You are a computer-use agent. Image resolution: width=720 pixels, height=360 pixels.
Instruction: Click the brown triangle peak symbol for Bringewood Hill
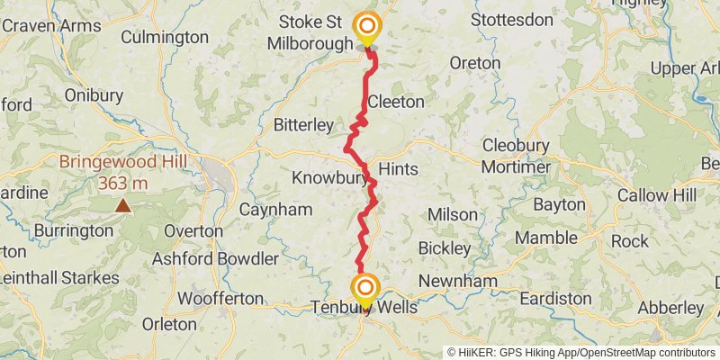click(121, 206)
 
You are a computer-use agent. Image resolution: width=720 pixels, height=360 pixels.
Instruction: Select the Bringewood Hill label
click(116, 163)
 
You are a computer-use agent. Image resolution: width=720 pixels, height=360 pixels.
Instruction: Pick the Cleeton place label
click(395, 102)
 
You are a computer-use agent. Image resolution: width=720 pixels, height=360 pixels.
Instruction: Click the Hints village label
click(398, 168)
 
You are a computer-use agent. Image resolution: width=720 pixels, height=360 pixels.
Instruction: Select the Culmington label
click(164, 37)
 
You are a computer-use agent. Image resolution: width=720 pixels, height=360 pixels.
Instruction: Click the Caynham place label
click(275, 210)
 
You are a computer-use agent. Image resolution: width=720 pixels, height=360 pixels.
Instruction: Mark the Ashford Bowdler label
click(216, 258)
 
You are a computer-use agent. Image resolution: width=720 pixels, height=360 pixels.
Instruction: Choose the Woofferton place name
click(221, 298)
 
